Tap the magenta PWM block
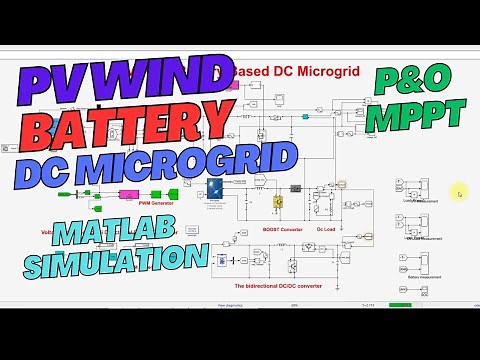(x=131, y=194)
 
